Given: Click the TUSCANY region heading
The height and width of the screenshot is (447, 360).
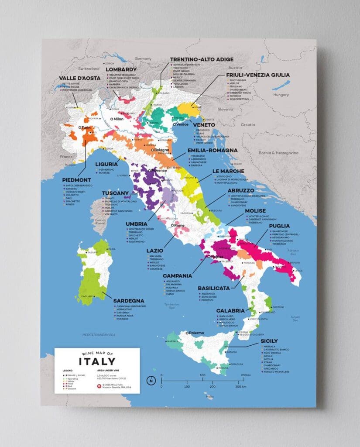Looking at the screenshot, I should click(115, 193).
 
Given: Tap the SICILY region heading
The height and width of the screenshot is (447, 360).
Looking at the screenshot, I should click(269, 341).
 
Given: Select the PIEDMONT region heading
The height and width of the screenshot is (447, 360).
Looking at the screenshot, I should click(77, 180).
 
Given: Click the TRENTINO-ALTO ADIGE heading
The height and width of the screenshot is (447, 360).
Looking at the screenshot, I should click(195, 59).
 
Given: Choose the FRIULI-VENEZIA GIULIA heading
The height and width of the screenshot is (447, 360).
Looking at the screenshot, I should click(257, 75).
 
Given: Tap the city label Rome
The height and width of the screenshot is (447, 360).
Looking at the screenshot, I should click(180, 225).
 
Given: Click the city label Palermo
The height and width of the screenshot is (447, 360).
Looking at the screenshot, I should click(196, 333).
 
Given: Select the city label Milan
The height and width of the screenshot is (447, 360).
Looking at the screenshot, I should click(118, 119).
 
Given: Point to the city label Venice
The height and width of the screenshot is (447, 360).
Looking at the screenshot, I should click(183, 125).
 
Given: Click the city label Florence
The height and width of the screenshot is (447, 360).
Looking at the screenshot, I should click(159, 170).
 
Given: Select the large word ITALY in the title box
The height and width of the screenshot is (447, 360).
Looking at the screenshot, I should click(97, 361).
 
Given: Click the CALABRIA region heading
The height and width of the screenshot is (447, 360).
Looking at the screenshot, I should click(233, 310).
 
